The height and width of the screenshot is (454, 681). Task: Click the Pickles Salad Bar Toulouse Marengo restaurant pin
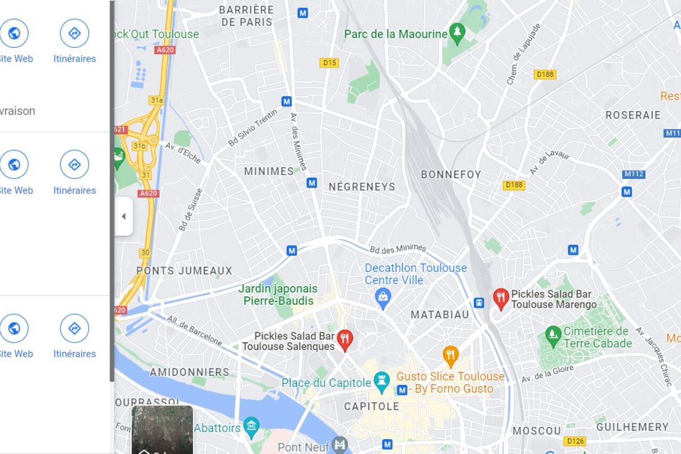pos(501,298)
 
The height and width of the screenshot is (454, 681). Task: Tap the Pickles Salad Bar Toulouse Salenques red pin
pos(345,339)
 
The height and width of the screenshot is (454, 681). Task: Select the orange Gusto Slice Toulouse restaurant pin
pos(451,355)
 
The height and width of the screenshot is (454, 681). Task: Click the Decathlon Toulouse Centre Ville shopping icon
pos(383,298)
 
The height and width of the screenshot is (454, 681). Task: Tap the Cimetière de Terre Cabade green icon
pos(553,336)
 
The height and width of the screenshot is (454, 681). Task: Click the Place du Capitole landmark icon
pos(381,382)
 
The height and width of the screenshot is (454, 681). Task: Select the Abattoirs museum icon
pos(251,426)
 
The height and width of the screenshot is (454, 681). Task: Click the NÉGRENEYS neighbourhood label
pos(362,187)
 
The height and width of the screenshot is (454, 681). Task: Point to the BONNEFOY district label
pos(451,175)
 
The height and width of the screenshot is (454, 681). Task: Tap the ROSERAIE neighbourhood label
pos(633,115)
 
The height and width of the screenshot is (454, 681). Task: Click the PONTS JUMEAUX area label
pos(184,270)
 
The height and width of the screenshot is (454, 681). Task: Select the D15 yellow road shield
pos(329,63)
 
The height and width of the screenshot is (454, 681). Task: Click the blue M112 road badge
pos(634,175)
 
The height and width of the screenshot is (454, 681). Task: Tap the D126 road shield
pos(575,441)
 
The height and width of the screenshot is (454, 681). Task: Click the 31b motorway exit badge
pos(139,146)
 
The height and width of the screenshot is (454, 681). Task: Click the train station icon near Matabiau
pos(479,302)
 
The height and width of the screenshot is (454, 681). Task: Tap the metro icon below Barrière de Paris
pos(303,13)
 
